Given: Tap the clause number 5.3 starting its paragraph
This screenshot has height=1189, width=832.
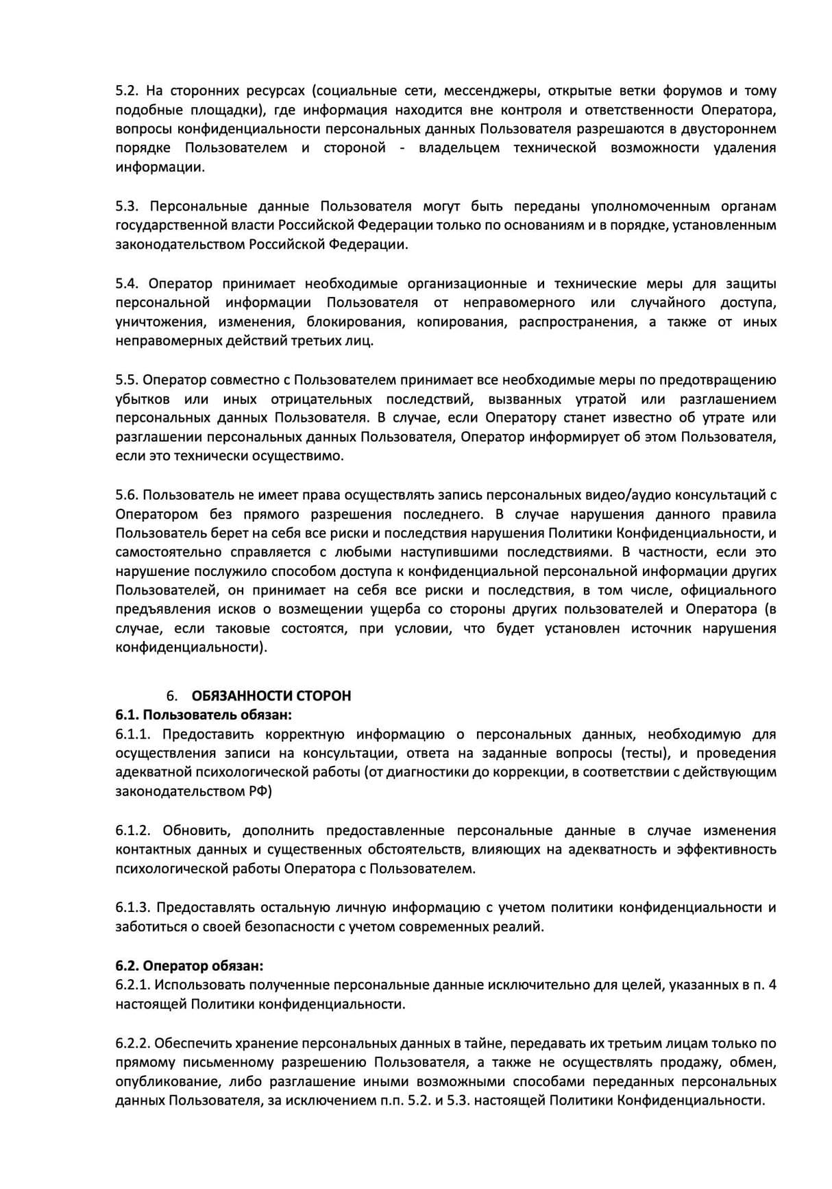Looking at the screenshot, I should [x=126, y=206].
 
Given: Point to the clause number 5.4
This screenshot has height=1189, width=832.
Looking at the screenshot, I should [x=126, y=284].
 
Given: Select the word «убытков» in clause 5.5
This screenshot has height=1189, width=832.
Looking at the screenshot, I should [x=143, y=400].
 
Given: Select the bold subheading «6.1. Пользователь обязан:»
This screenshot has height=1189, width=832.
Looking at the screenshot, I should [x=204, y=715].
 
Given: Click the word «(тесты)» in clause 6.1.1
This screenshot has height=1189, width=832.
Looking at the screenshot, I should [x=645, y=754].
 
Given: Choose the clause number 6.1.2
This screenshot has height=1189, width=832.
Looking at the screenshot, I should [x=132, y=831].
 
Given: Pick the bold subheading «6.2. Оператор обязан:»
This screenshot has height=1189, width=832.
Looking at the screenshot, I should [x=189, y=966].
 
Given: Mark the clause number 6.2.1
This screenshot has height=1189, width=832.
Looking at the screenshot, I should [x=132, y=985].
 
